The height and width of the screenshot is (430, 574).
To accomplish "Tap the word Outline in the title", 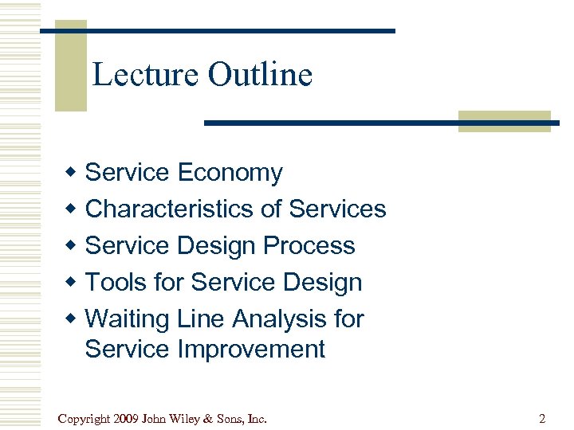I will tap(260, 75).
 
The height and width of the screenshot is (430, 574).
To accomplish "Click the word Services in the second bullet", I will tap(337, 209).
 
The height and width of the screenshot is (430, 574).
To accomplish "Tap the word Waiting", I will tap(128, 319).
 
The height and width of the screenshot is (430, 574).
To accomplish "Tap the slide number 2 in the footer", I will tap(542, 418).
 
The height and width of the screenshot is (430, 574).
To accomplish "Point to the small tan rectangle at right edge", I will tap(504, 121).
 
